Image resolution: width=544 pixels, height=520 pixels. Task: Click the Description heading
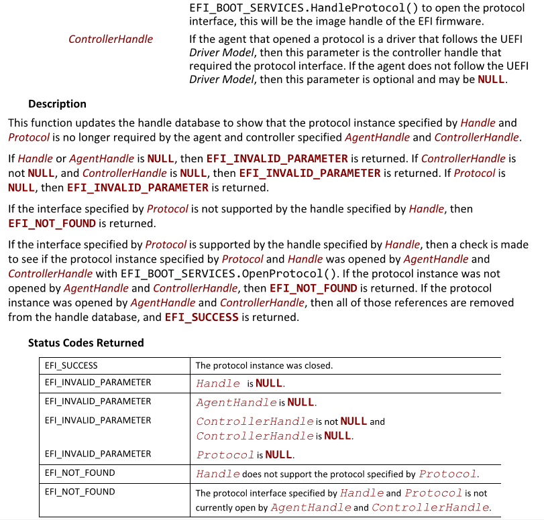click(57, 104)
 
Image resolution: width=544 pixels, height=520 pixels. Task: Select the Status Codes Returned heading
click(86, 343)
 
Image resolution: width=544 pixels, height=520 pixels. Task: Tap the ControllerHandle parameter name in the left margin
click(111, 39)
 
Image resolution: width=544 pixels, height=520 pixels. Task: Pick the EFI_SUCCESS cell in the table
click(71, 366)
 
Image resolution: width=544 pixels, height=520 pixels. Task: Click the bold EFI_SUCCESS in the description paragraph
click(201, 318)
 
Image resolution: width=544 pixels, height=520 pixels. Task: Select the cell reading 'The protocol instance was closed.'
click(264, 366)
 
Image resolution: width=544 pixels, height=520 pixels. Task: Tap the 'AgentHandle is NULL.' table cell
click(256, 403)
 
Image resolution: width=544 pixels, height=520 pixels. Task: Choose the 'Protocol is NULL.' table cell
click(245, 455)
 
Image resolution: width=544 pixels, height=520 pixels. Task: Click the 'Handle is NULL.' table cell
click(240, 384)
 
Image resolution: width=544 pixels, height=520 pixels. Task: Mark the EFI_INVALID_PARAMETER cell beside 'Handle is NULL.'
click(98, 383)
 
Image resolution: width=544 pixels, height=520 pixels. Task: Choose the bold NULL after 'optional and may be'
click(491, 79)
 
